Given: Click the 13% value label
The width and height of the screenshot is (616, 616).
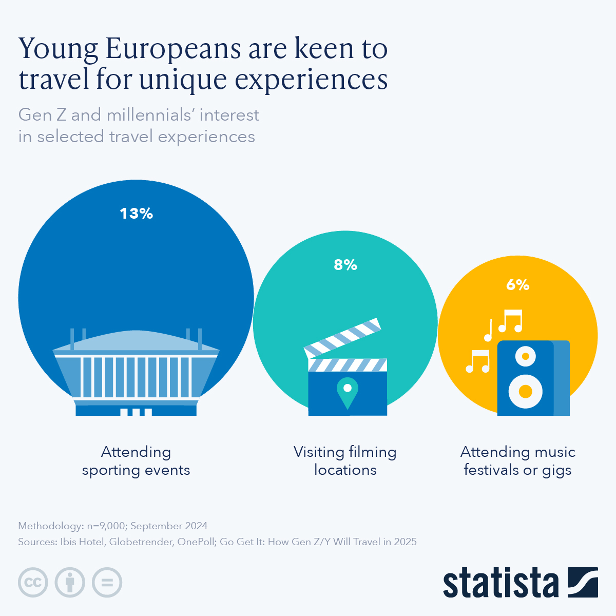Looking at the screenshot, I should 136,214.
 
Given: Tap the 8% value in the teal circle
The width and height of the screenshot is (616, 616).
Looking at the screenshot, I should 345,265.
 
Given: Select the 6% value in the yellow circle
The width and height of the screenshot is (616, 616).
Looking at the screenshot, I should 517,285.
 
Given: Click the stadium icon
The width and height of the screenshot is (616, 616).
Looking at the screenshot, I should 136,372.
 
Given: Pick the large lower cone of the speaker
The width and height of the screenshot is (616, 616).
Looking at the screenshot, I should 525,391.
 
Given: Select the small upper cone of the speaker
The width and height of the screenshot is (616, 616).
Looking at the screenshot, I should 525,356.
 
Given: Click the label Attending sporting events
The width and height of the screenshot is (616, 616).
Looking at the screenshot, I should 136,461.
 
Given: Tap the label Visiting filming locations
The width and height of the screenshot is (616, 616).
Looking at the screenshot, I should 345,461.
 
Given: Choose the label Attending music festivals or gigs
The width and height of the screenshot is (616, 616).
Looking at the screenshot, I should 517,461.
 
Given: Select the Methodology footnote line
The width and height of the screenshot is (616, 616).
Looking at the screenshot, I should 113,526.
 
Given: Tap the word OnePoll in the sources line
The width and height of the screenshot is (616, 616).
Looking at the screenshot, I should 196,542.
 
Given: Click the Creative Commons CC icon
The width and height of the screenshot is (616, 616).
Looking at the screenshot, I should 33,583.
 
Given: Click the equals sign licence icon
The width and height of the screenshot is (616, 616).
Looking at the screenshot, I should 107,583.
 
